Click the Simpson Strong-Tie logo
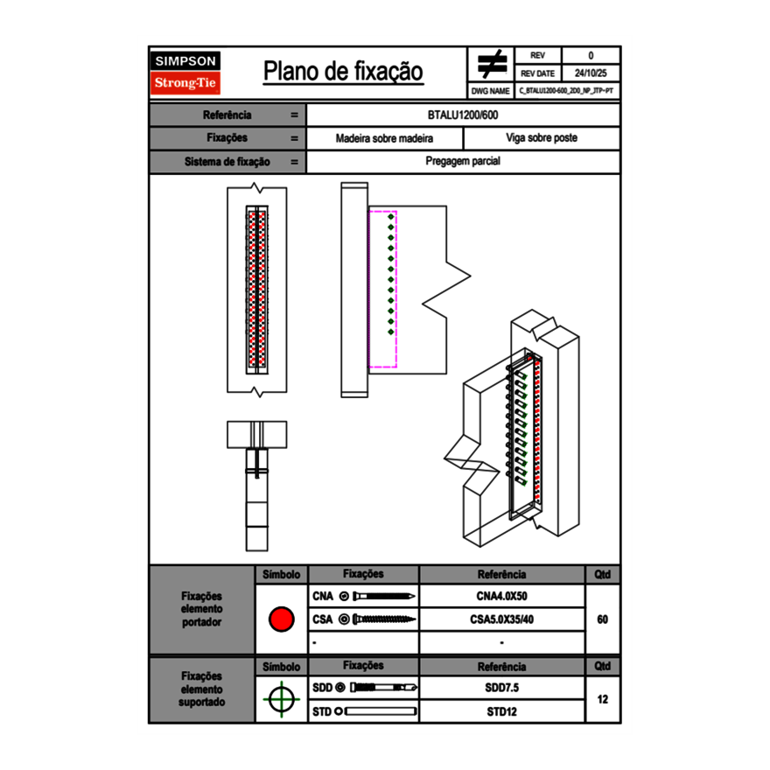(186, 73)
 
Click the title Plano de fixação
(343, 72)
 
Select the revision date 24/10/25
(591, 73)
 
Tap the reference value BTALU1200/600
(464, 115)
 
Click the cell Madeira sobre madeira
(384, 138)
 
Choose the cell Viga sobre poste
(541, 138)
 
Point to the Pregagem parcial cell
(463, 162)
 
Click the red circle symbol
(281, 619)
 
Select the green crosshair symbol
(281, 699)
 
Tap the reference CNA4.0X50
(501, 597)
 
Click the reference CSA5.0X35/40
(501, 619)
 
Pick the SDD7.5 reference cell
(501, 688)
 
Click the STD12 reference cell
(501, 711)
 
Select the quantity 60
(602, 619)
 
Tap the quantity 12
(602, 699)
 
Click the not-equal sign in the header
(492, 65)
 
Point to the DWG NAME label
(490, 91)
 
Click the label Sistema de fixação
(227, 162)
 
